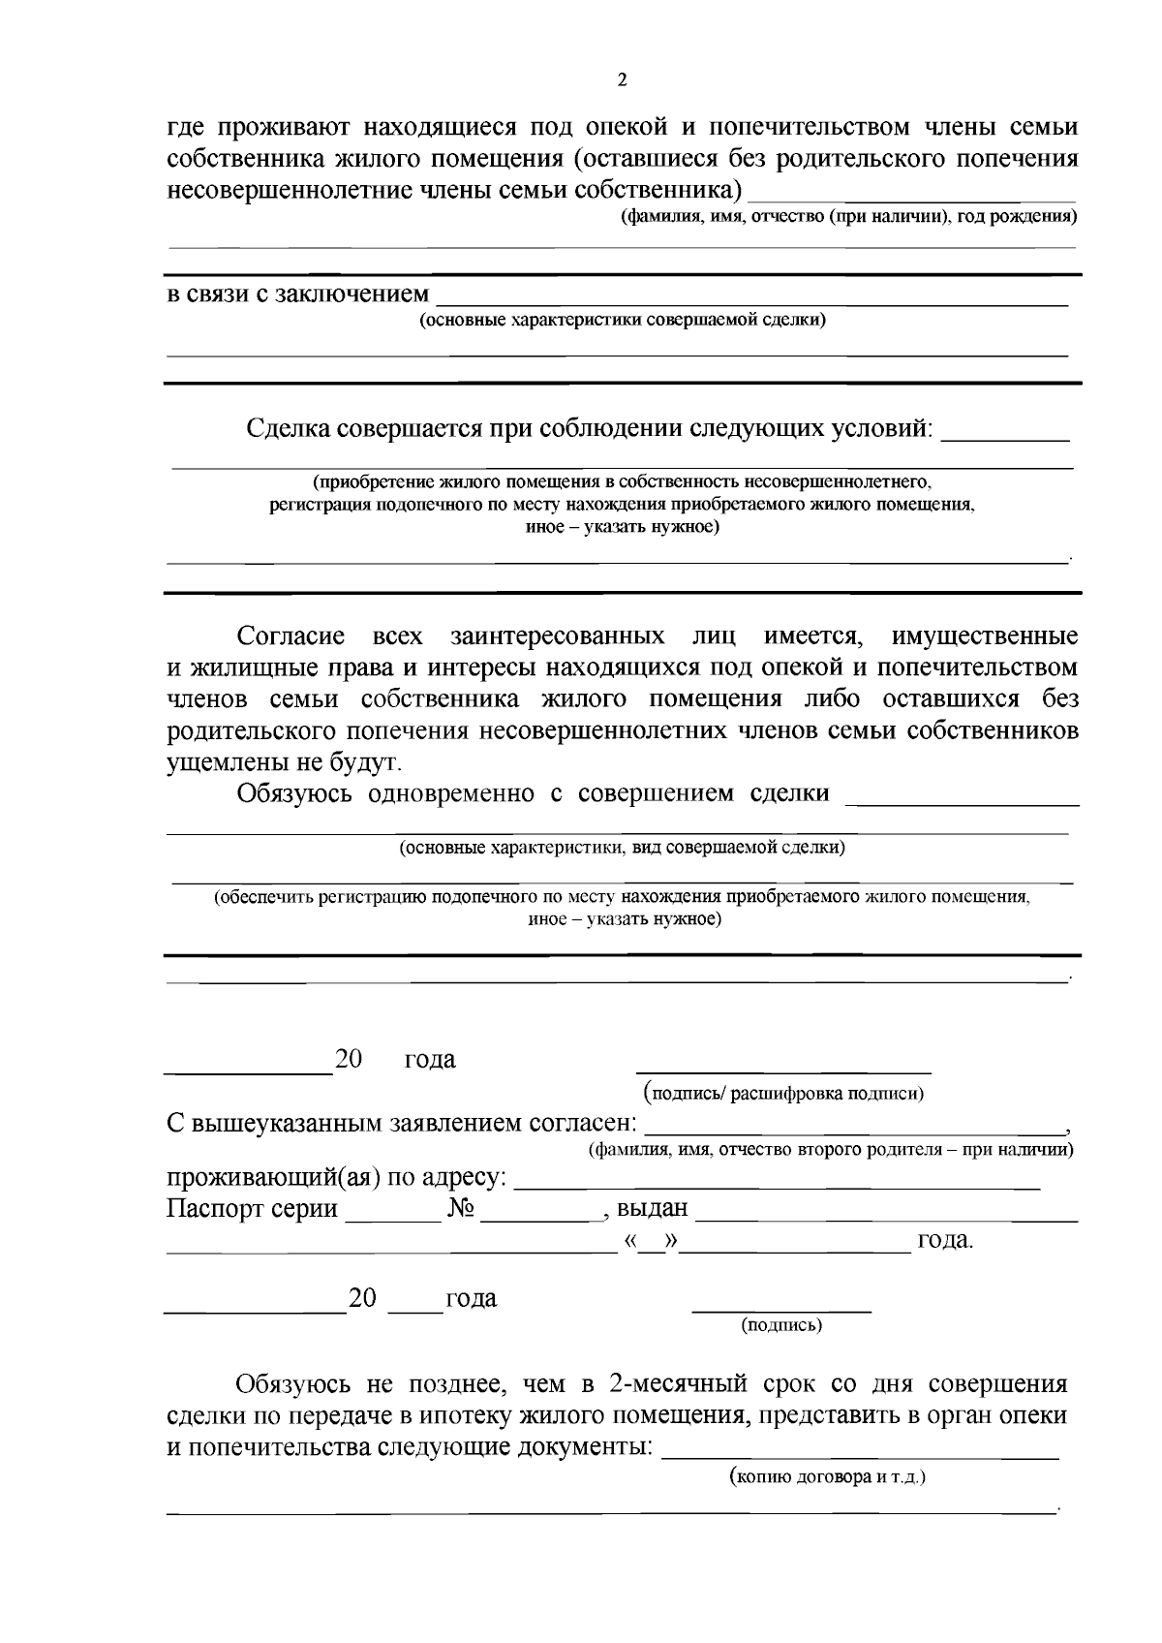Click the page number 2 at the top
coord(622,80)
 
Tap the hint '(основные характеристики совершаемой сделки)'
coord(622,320)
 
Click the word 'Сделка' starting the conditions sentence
coord(288,428)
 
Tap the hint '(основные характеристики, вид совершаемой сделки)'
coord(622,848)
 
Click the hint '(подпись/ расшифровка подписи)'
coord(784,1094)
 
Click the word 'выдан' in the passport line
coord(652,1209)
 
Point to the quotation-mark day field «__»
coord(651,1241)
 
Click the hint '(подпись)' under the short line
coord(781,1325)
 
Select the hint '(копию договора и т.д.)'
coord(827,1478)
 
